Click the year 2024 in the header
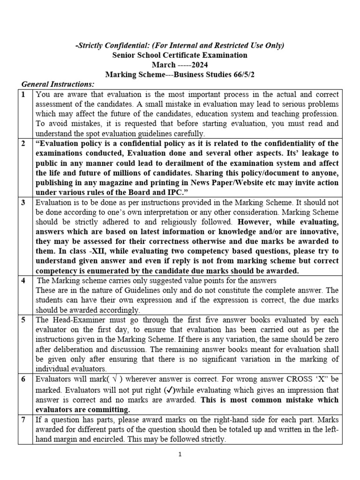coord(197,65)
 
